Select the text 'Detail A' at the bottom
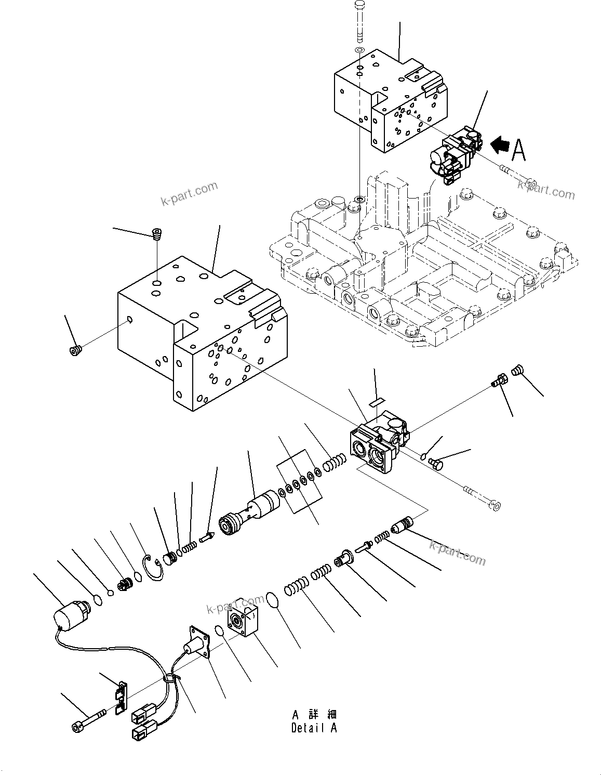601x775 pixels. (314, 728)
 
